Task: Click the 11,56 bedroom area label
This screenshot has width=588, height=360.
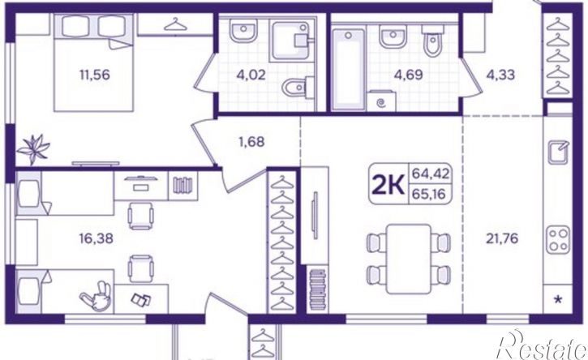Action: click(x=95, y=75)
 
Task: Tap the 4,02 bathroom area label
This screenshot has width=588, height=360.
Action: click(x=251, y=75)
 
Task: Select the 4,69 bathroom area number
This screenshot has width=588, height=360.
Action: click(x=409, y=75)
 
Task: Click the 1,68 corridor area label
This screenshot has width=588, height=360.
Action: click(x=251, y=142)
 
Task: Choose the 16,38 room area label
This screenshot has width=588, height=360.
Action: click(x=96, y=238)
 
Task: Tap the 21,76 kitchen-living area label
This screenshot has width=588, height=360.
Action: click(x=502, y=238)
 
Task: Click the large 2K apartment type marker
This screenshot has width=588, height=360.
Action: click(x=388, y=185)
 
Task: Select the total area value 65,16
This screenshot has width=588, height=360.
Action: click(x=428, y=194)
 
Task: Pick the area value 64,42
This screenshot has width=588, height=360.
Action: click(x=429, y=174)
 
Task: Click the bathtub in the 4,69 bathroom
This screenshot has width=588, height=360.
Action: click(x=349, y=70)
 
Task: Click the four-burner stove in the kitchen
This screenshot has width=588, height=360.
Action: click(x=558, y=240)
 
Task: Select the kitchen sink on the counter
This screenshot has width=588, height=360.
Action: click(x=558, y=152)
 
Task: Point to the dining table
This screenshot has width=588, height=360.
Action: click(x=409, y=259)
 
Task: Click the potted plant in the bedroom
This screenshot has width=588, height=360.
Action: click(x=34, y=149)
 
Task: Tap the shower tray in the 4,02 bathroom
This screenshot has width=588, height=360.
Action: click(x=290, y=41)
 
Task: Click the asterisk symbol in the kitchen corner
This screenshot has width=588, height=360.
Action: click(x=558, y=299)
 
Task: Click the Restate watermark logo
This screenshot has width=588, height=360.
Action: click(x=543, y=345)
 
